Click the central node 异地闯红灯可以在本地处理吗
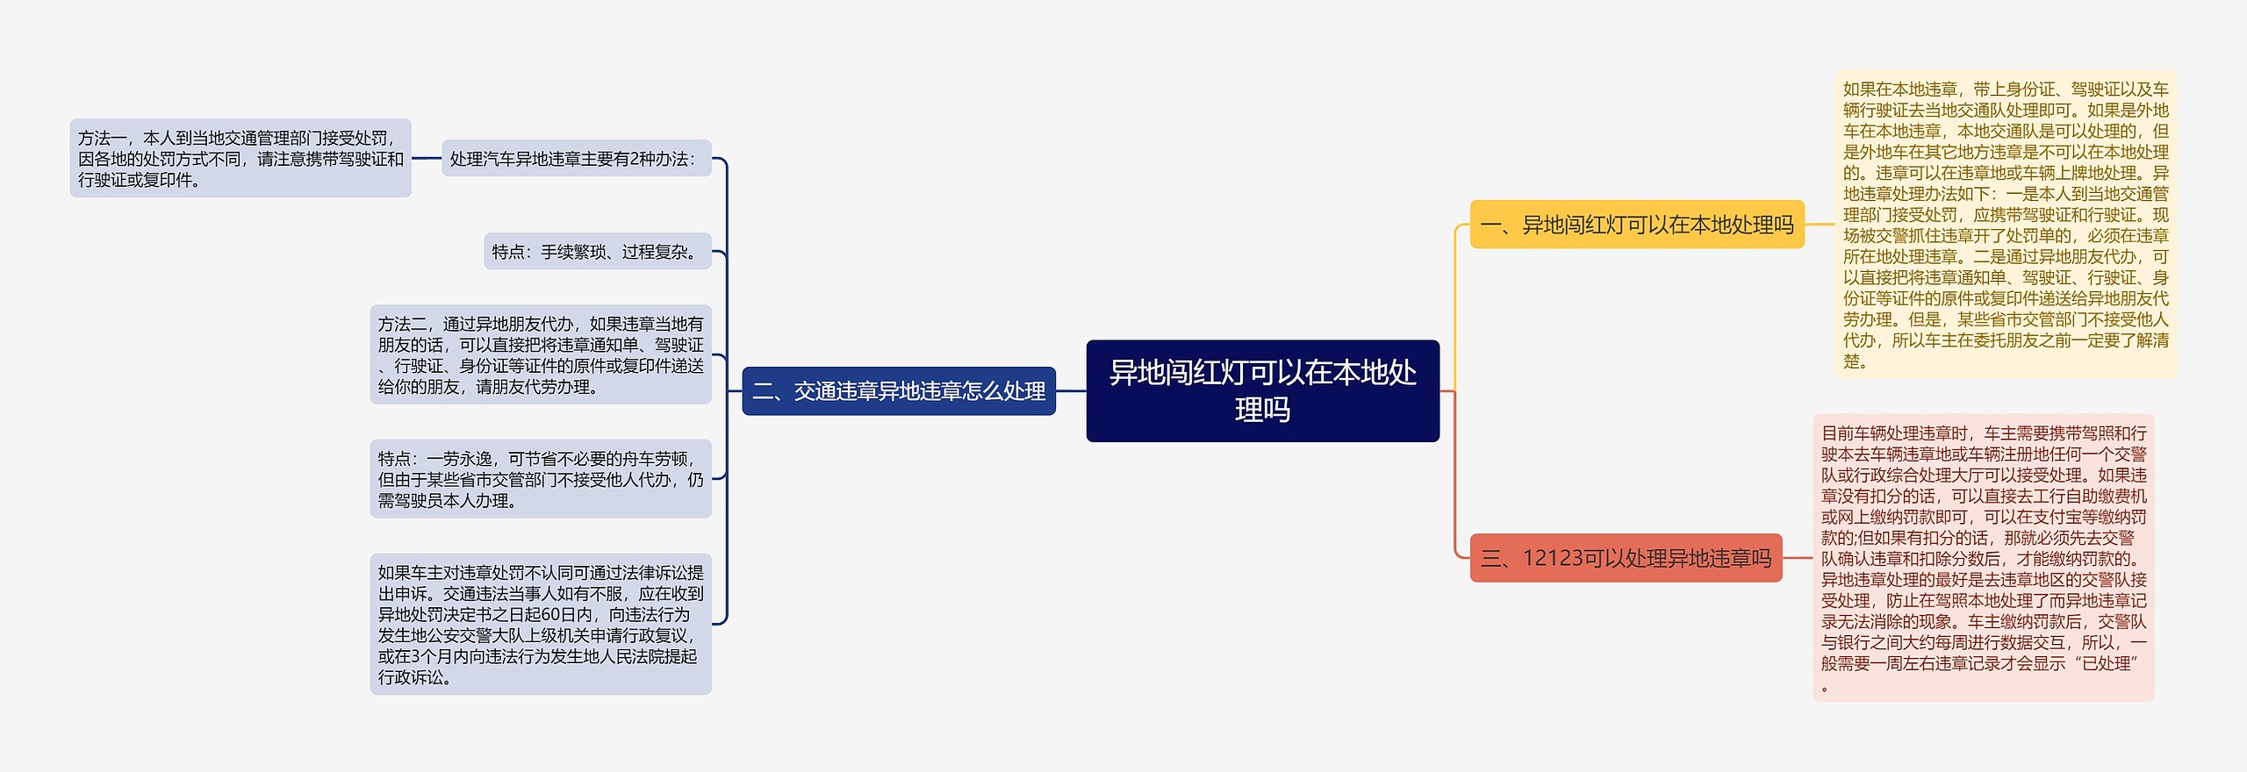coord(1262,390)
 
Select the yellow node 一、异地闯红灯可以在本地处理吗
coord(1637,225)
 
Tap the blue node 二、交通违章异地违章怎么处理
coord(899,391)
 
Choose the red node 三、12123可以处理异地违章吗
coord(1626,558)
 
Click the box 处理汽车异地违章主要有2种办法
coord(576,159)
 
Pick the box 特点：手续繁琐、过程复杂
coord(597,252)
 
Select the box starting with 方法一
coord(240,159)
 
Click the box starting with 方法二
coord(540,355)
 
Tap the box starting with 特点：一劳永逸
coord(540,479)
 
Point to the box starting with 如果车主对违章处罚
coord(540,625)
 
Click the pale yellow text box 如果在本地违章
coord(2005,225)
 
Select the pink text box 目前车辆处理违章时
coord(1983,558)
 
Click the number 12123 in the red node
coord(1552,558)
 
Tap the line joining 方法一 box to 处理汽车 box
coord(426,159)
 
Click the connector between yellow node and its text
coord(1820,225)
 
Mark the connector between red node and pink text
coord(1798,558)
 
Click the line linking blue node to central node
coord(1071,391)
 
